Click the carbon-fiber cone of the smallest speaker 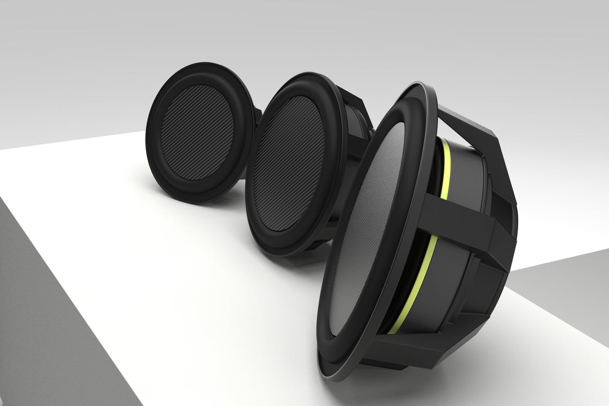[197, 133]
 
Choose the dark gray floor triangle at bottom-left [45, 316]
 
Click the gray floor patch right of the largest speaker [564, 293]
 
